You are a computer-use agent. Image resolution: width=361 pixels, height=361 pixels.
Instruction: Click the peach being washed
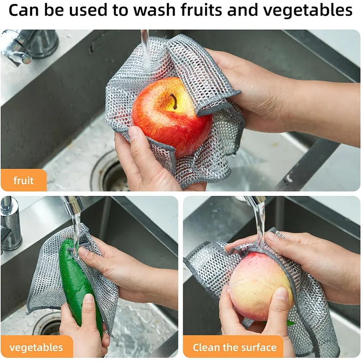(x=257, y=284)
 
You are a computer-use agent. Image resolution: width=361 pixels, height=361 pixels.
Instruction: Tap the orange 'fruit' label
(x=23, y=181)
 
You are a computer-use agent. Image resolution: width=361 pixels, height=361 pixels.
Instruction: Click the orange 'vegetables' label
(x=36, y=347)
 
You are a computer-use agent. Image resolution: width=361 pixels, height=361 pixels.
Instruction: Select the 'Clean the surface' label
(x=234, y=347)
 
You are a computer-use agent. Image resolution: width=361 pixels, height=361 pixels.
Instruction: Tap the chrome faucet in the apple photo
(x=27, y=45)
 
